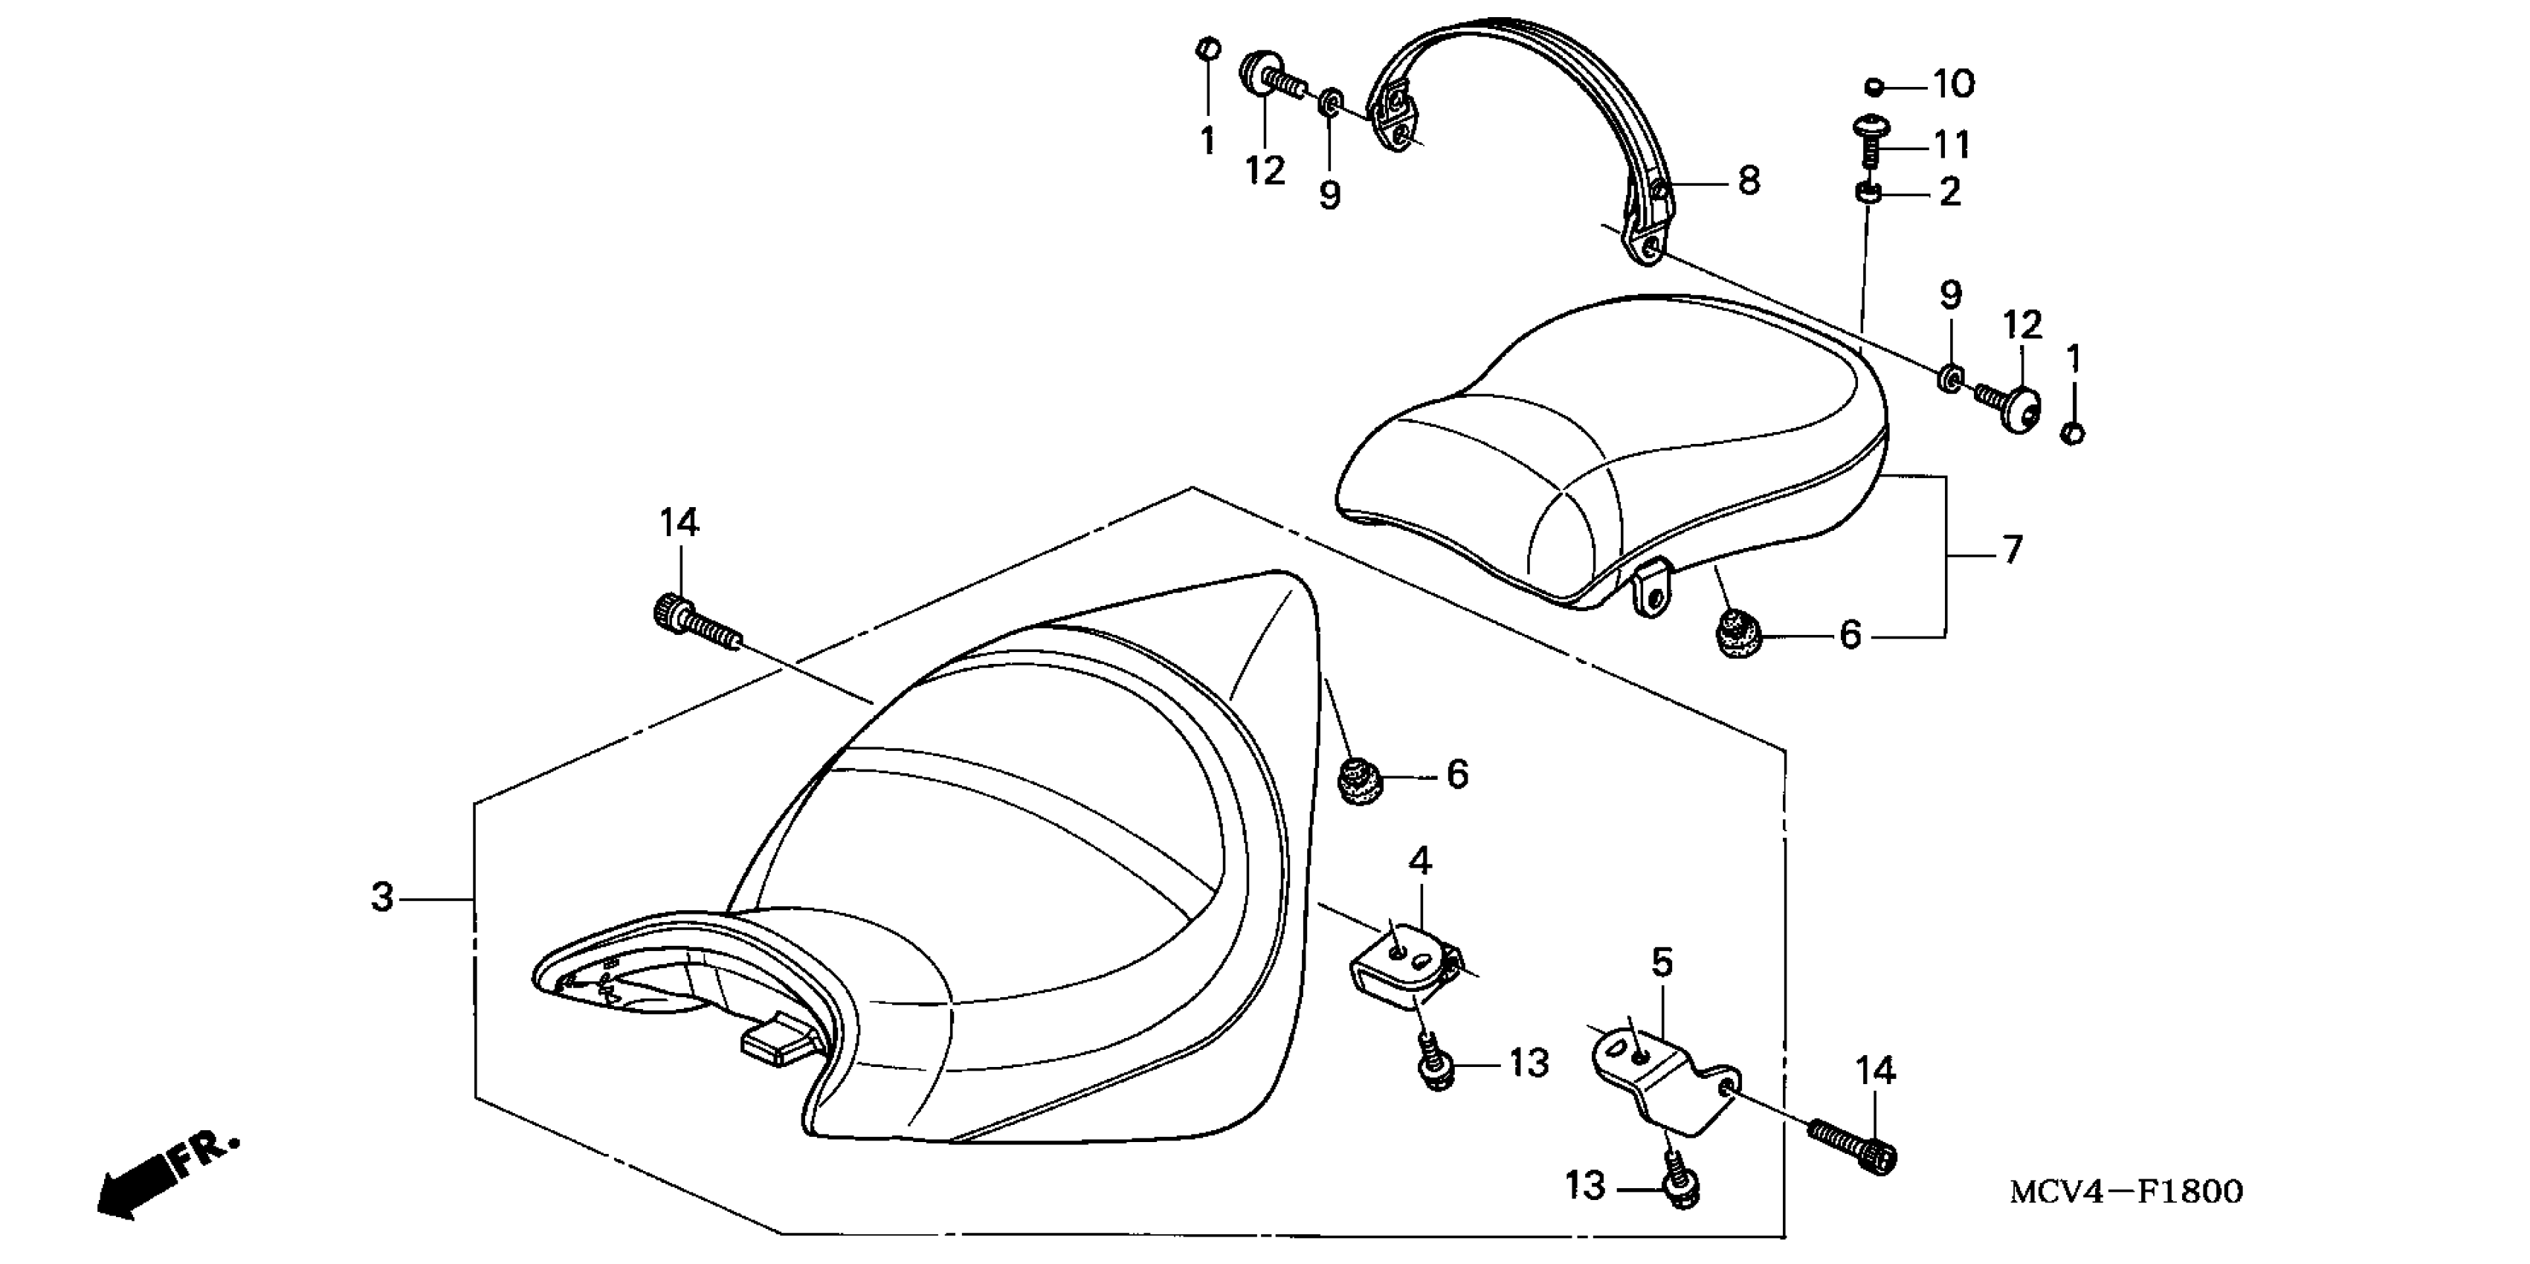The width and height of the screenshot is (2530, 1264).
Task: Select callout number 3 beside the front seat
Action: [382, 897]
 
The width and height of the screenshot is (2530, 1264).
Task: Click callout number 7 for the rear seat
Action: [2013, 550]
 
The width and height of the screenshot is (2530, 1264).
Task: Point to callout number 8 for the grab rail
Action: [1749, 181]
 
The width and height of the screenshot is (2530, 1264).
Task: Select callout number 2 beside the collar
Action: [1949, 192]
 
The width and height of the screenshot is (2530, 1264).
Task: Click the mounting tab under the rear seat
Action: [1652, 594]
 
